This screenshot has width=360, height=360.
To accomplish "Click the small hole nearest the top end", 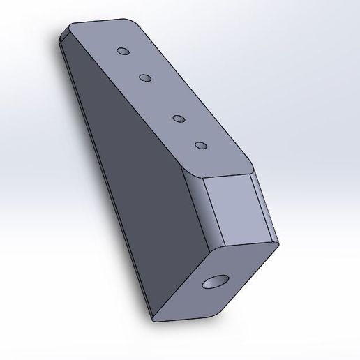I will tap(123, 52).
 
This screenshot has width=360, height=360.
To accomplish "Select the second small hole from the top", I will tap(146, 77).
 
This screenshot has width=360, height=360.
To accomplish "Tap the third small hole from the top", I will tap(178, 119).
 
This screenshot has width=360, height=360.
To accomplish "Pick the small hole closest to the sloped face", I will tap(201, 145).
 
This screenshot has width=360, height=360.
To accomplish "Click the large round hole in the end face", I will tap(216, 283).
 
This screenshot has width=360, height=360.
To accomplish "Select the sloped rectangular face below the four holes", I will tap(236, 207).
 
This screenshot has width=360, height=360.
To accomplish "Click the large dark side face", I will tap(126, 188).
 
